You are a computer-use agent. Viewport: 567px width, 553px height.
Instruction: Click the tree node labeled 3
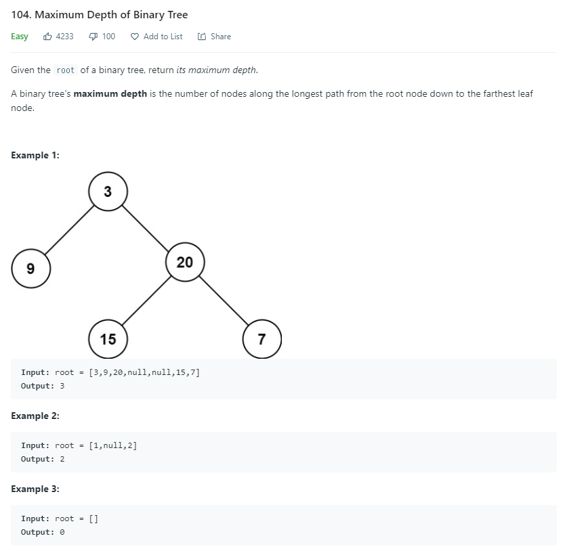(108, 192)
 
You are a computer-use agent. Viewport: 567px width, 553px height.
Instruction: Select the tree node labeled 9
(30, 269)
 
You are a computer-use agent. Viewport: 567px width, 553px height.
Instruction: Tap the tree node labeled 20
(184, 262)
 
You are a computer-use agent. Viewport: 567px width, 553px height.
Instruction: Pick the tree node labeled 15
(108, 339)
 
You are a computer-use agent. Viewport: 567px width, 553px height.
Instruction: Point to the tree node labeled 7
(261, 339)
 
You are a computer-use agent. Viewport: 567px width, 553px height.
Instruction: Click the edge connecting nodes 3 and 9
(69, 230)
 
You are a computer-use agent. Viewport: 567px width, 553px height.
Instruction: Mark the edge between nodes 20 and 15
(146, 301)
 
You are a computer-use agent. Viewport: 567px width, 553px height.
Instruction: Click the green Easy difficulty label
(20, 37)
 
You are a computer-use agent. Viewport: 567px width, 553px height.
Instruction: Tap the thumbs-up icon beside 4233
(47, 37)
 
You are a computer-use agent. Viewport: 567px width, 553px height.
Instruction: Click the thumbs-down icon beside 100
(93, 37)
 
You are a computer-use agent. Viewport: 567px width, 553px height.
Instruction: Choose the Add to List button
(156, 37)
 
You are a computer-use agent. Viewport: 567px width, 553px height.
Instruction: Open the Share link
(215, 37)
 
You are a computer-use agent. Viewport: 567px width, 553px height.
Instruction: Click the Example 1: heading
(35, 155)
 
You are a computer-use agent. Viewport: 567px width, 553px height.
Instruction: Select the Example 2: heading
(35, 416)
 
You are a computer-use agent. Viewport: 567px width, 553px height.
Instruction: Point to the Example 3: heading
(35, 489)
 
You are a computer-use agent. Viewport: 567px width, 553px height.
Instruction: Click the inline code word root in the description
(66, 70)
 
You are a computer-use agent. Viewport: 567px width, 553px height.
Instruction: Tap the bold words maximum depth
(110, 93)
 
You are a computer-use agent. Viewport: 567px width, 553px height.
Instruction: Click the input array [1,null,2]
(112, 445)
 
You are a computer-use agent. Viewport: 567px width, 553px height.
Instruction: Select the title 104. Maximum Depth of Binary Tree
(100, 15)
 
